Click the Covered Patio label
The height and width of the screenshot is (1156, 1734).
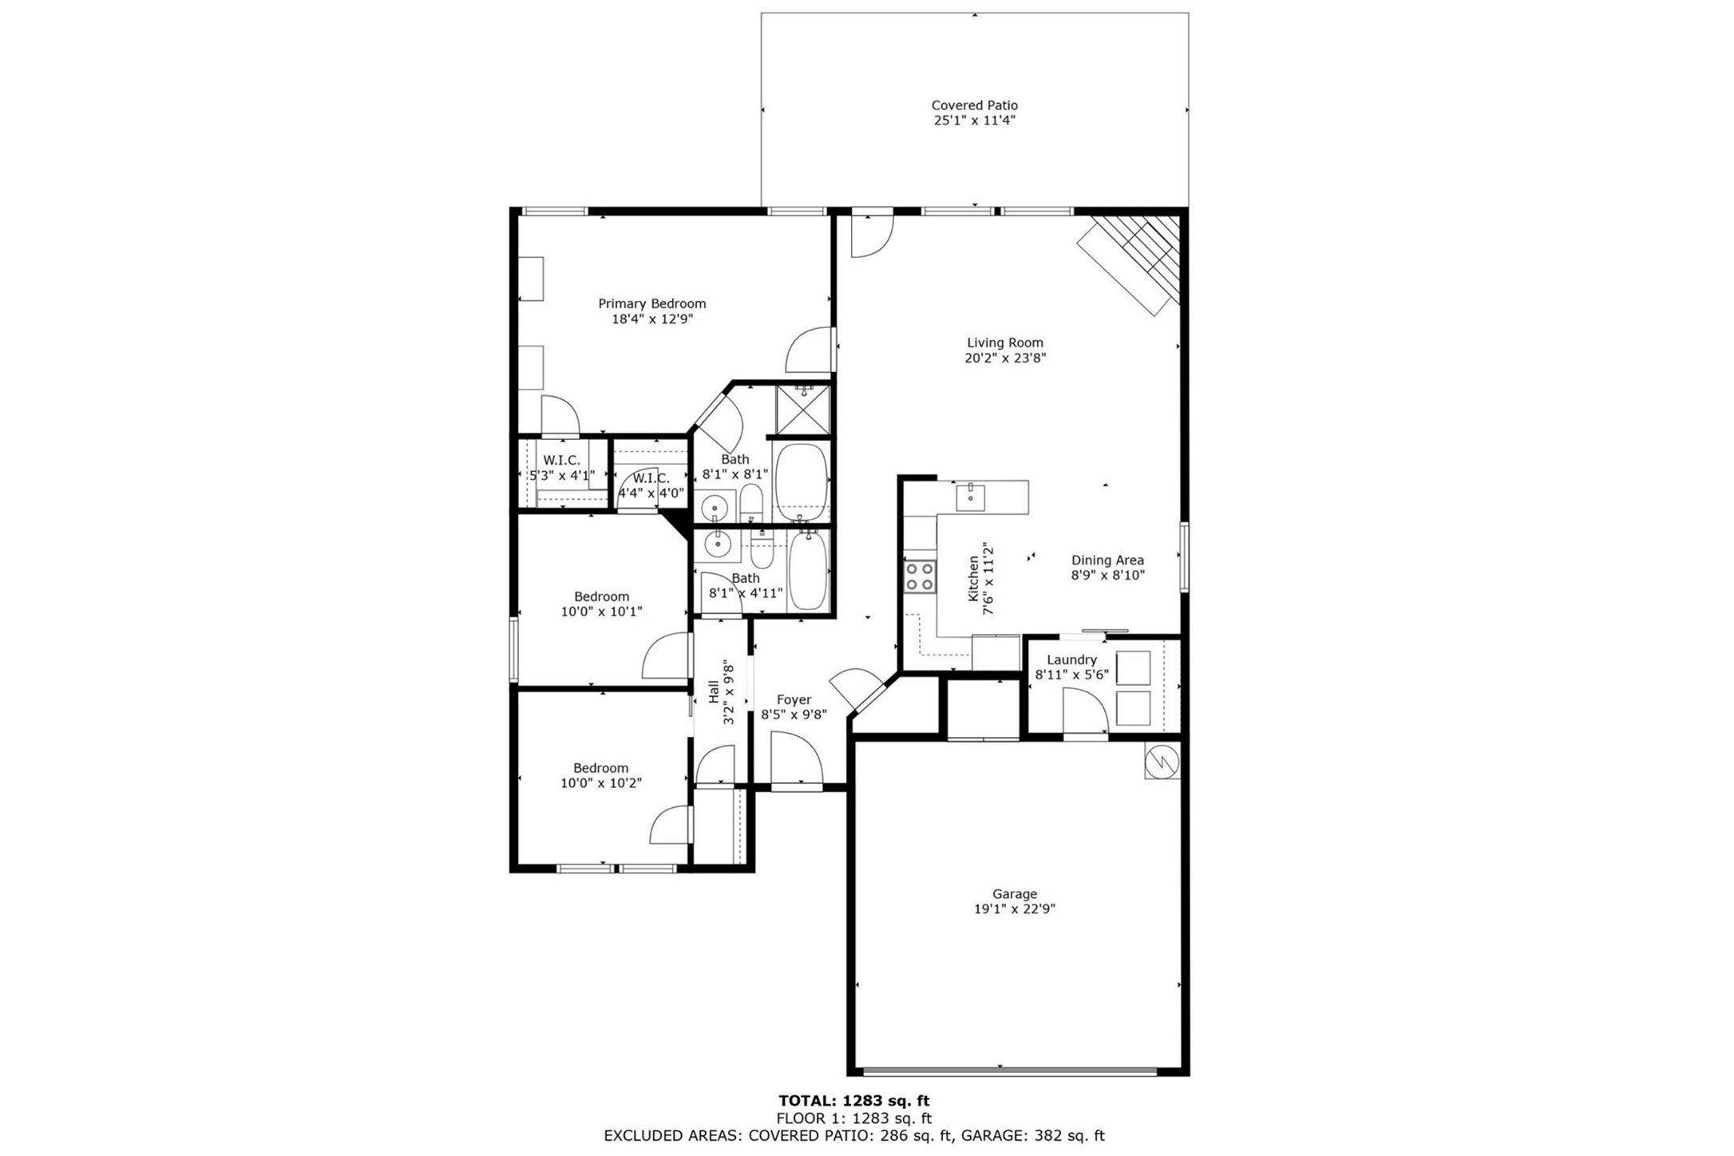974,105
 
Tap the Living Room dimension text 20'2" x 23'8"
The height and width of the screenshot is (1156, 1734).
1004,358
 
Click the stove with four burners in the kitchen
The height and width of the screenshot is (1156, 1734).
919,576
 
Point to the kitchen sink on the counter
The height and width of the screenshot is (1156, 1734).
970,497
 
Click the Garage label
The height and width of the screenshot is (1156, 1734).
1014,894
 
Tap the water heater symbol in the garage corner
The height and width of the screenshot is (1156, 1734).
1161,762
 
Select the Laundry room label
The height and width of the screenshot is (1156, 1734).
1071,659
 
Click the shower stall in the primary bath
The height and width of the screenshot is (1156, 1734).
803,410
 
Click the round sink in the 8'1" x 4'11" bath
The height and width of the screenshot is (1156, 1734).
718,545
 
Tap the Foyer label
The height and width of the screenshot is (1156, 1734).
793,700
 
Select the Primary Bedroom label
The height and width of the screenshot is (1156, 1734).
651,303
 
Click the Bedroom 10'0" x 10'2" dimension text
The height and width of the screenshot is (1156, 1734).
600,783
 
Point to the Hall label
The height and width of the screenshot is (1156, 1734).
713,691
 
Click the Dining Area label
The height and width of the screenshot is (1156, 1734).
1107,560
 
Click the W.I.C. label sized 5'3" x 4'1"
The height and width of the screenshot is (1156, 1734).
561,461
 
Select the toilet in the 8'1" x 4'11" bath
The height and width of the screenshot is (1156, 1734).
762,549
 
